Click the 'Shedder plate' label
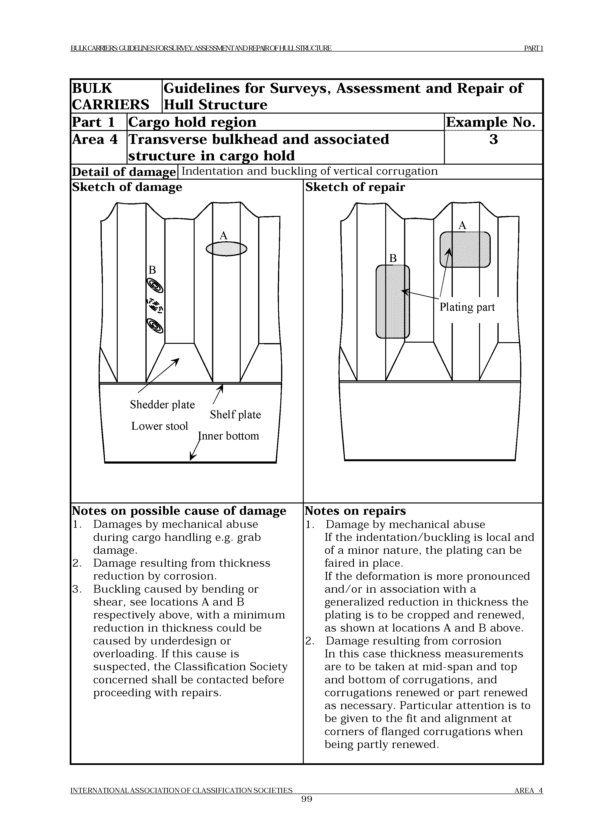[162, 405]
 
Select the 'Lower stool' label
[159, 426]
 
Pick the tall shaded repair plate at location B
[393, 302]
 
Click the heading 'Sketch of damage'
[127, 187]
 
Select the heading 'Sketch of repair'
[355, 187]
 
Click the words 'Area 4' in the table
[95, 140]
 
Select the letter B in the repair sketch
[393, 258]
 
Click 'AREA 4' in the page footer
[528, 800]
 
